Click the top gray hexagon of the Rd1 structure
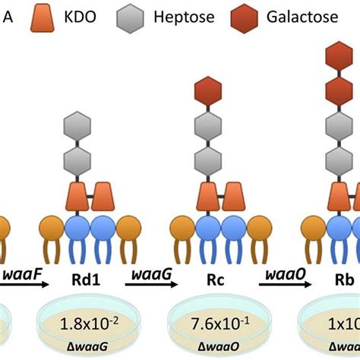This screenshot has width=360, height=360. coord(77,125)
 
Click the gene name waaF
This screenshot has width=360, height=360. coord(20,272)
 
